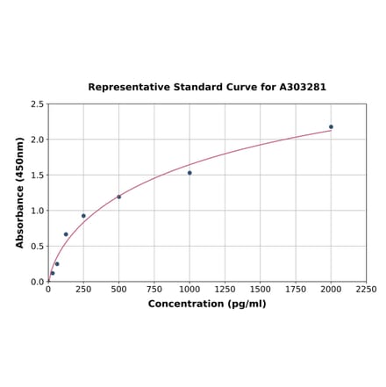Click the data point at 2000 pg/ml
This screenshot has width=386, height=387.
point(331,126)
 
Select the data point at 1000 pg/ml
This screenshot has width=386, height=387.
point(189,173)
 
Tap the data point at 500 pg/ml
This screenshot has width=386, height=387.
point(119,197)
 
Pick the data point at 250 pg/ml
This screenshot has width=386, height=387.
point(83,216)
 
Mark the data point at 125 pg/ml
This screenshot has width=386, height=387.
point(66,234)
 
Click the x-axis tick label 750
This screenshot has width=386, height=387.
point(154,289)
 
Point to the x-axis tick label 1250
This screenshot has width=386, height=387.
point(225,289)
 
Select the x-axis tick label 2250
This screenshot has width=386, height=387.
point(366,289)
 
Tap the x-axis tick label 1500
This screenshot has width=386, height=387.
point(261,289)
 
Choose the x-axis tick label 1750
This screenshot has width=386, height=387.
point(296,289)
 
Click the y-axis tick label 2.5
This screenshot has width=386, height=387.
point(38,104)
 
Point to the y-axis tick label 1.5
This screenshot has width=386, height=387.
point(38,176)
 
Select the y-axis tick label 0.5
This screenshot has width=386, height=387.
point(38,247)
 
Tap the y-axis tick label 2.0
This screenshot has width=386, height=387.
point(38,140)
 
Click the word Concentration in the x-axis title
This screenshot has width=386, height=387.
point(185,304)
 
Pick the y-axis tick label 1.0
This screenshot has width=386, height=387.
point(38,211)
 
